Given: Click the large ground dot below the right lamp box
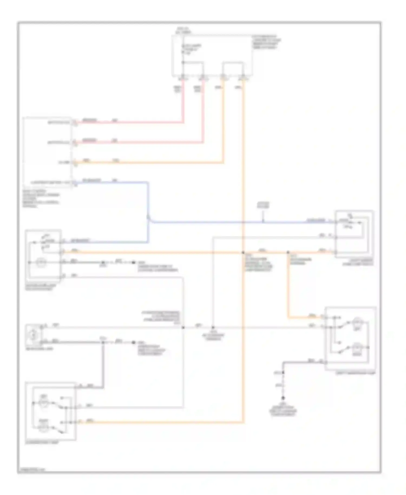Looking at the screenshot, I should pyautogui.click(x=283, y=398).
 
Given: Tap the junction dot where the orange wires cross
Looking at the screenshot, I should pyautogui.click(x=243, y=252).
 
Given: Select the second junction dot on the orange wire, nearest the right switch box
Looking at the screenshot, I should pyautogui.click(x=288, y=252).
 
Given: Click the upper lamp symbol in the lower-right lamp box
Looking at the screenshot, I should pyautogui.click(x=357, y=322).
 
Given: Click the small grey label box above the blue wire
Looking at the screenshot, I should pyautogui.click(x=263, y=205).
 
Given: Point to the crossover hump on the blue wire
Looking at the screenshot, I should pyautogui.click(x=148, y=217).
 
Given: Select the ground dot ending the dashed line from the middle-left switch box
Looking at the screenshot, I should pyautogui.click(x=133, y=262).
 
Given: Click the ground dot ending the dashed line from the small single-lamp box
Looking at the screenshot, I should pyautogui.click(x=133, y=343).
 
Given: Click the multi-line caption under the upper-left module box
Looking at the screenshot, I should pyautogui.click(x=41, y=198).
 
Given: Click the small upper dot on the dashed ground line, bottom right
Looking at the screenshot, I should pyautogui.click(x=283, y=373).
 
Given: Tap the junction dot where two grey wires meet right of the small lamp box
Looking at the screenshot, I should pyautogui.click(x=183, y=327).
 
